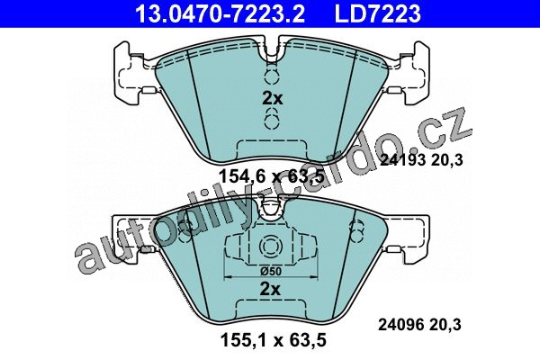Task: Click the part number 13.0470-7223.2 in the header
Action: point(220,13)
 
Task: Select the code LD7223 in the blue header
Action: point(378,13)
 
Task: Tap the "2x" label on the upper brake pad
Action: point(272,99)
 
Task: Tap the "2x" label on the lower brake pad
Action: point(270,290)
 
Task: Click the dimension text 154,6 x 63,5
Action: point(272,176)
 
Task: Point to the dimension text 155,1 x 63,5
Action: point(273,341)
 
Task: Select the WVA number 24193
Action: point(403,160)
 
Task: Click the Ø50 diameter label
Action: point(271,272)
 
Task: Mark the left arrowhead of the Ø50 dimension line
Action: point(228,276)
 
